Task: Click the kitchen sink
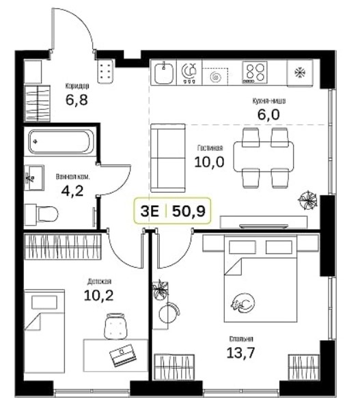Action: (164, 72)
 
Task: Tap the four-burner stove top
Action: (255, 72)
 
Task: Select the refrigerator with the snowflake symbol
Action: (299, 73)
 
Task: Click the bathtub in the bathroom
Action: (61, 142)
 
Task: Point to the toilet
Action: (41, 215)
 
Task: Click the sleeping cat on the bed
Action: (243, 303)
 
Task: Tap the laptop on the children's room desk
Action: (123, 355)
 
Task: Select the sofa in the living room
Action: (167, 158)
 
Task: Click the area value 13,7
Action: (240, 353)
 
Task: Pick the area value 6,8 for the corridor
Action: (77, 100)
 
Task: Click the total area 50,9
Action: (189, 211)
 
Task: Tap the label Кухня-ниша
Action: (268, 101)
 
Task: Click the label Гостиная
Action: (210, 148)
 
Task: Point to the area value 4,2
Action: (72, 191)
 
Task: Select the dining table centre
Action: (264, 157)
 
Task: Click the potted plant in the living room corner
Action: (307, 199)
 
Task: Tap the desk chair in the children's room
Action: (115, 326)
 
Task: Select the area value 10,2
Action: (98, 295)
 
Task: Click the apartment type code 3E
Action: (150, 211)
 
